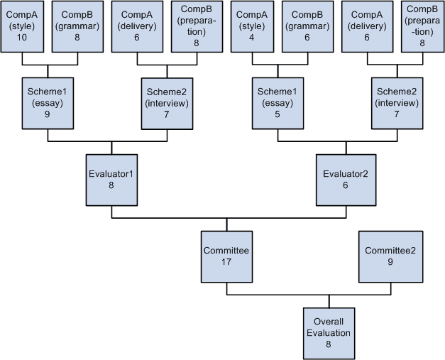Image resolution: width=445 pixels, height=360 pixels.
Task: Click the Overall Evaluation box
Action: tap(328, 332)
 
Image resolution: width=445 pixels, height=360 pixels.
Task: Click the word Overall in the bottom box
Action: tap(328, 322)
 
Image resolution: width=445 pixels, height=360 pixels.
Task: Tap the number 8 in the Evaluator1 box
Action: tap(111, 185)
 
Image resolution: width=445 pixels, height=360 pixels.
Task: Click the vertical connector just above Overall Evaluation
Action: tap(328, 300)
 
